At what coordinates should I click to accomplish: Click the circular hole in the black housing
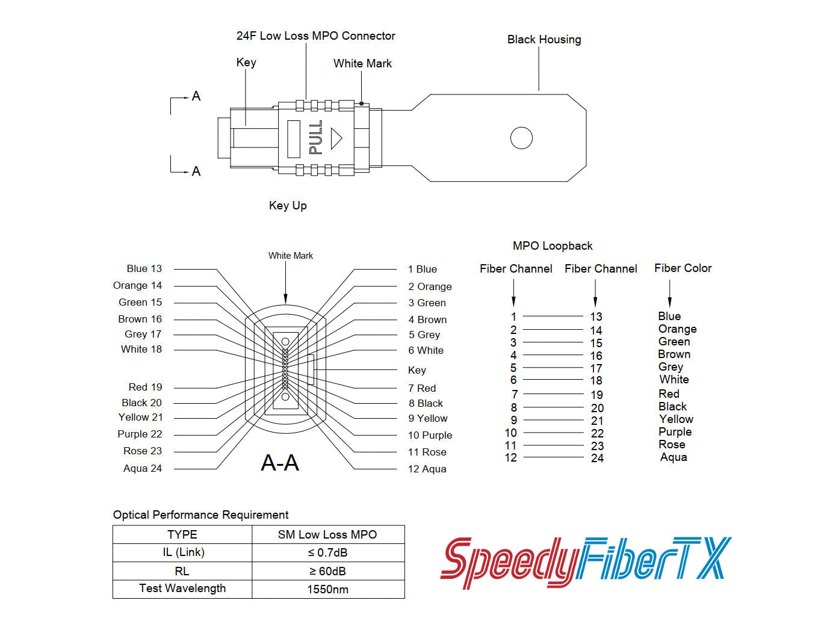point(521,138)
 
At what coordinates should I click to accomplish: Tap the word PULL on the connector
point(315,137)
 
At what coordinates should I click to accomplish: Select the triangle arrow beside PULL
point(336,138)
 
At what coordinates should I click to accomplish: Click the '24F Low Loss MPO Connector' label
point(315,36)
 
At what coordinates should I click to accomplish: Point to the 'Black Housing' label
point(544,40)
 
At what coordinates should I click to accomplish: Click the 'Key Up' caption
point(288,206)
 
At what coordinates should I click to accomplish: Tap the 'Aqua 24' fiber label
point(143,468)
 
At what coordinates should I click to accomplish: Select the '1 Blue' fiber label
point(423,269)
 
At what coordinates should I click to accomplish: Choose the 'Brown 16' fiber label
point(140,319)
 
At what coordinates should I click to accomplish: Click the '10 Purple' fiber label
point(430,435)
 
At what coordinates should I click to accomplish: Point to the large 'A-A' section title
point(280,463)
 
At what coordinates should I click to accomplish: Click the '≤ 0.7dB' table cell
point(328,552)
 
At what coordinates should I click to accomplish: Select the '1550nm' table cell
point(328,589)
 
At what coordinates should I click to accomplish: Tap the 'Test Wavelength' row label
point(182,589)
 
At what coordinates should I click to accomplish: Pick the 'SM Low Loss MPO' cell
point(327,534)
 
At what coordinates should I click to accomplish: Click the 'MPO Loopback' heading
point(553,246)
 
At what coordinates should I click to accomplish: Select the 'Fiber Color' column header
point(683,268)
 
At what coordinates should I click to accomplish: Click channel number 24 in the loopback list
point(597,458)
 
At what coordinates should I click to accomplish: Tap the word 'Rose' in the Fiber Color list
point(672,445)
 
